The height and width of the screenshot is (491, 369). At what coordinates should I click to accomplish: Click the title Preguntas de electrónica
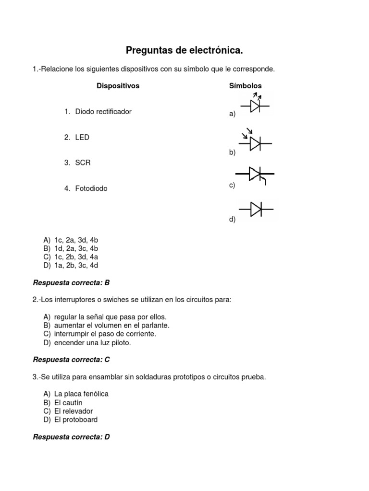pos(184,50)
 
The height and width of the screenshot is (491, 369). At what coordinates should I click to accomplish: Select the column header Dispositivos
pos(118,86)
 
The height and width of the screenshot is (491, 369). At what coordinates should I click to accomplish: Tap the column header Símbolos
pos(245,86)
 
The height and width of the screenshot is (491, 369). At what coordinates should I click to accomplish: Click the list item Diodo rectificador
pos(103,112)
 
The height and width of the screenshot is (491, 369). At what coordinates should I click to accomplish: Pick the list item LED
pos(82,138)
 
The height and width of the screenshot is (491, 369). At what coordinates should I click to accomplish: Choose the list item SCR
pos(83,163)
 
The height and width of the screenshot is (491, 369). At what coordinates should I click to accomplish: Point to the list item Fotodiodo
pos(91,189)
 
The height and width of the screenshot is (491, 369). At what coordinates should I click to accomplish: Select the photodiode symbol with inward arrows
pos(255,141)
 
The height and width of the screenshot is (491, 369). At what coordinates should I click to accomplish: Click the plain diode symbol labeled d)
pos(256,209)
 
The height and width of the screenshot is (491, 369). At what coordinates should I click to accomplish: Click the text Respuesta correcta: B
pos(71,283)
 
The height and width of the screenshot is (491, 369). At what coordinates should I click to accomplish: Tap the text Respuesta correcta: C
pos(71,360)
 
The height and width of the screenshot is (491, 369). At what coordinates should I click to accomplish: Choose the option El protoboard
pos(75,420)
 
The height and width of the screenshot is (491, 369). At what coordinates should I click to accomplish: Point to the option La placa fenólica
pos(81,394)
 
